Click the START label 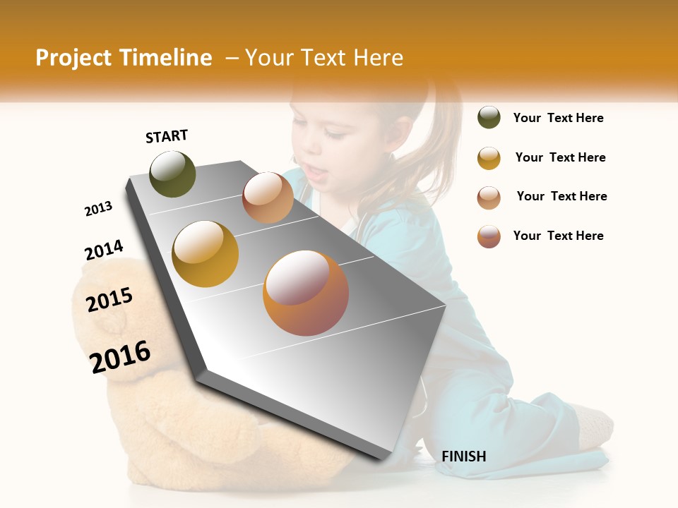click(167, 136)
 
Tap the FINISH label click(463, 456)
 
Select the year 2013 click(98, 209)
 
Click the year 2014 click(104, 250)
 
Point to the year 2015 click(109, 299)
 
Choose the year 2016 click(120, 356)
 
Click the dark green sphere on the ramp click(172, 174)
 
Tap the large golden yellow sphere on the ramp click(205, 253)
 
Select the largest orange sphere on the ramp click(305, 292)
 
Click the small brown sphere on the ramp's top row click(268, 198)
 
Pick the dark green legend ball click(489, 118)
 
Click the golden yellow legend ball click(489, 158)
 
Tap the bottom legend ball click(489, 236)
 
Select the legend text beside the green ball click(558, 118)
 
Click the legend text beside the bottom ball click(558, 236)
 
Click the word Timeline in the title click(165, 58)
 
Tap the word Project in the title click(73, 58)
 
